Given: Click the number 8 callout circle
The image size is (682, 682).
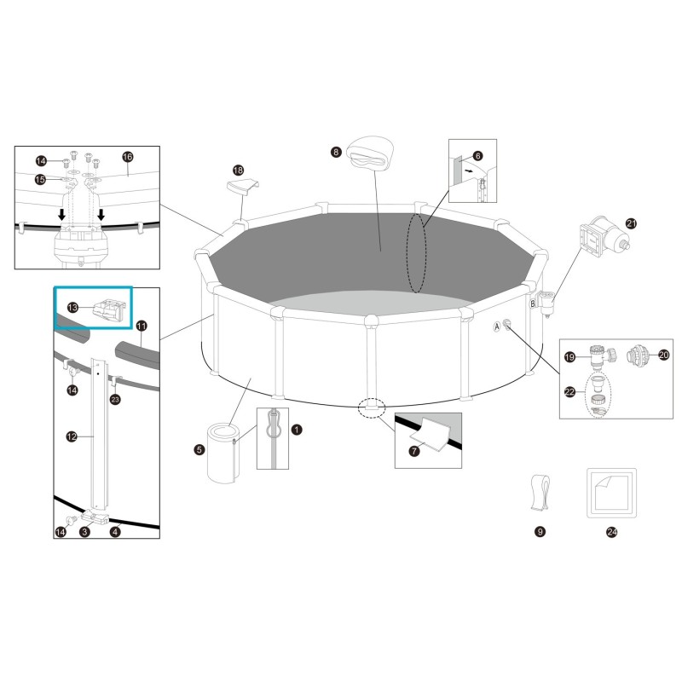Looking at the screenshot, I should click(337, 152).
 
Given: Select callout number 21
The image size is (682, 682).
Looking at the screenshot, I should click(632, 223).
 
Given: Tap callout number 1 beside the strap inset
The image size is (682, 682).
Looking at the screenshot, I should click(297, 431).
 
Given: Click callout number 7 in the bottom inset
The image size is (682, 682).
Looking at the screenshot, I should click(414, 451).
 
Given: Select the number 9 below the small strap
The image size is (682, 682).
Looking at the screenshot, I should click(539, 532).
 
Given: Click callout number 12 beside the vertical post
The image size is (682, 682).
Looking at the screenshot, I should click(72, 436).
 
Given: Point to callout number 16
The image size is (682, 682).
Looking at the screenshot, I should click(128, 157).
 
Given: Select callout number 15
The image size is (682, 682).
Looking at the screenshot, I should click(40, 179).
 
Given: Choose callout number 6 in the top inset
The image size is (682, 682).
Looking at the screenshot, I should click(477, 156).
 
